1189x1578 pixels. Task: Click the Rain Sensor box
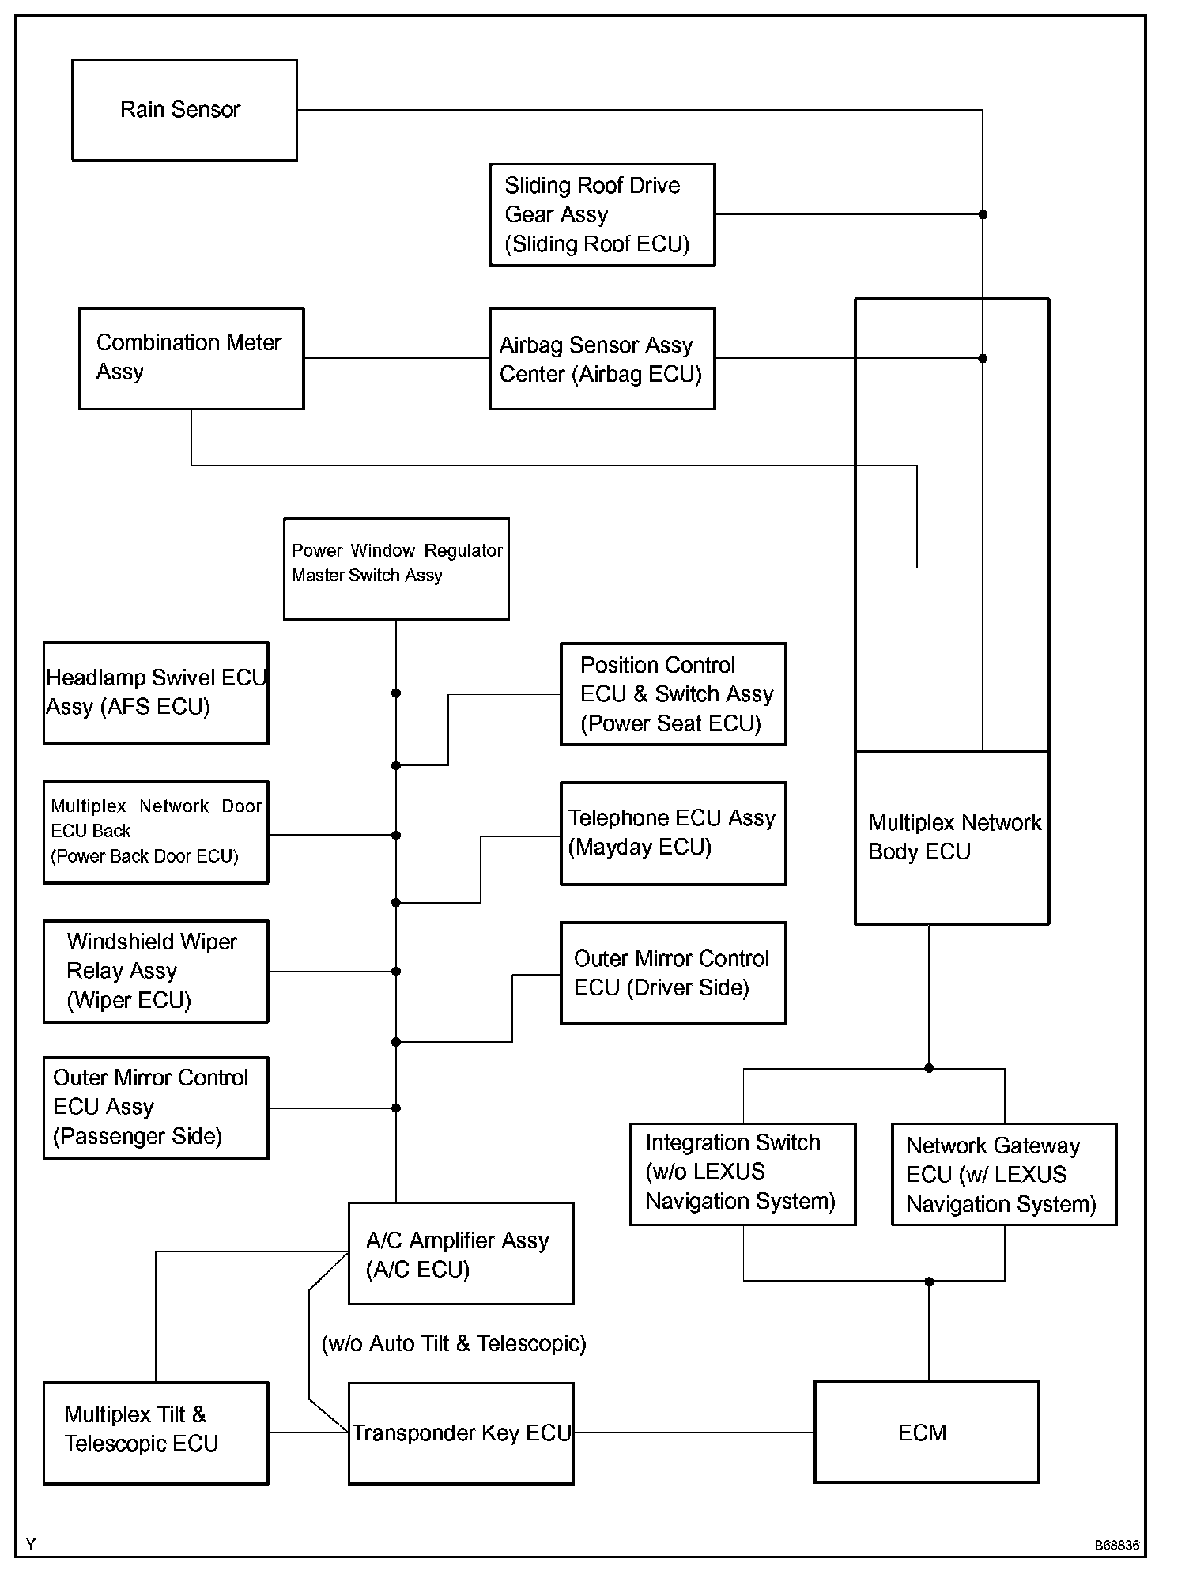[184, 110]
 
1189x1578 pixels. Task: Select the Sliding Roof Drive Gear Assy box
[602, 215]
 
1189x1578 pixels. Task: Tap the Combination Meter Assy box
[191, 358]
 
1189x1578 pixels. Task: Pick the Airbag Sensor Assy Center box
[602, 359]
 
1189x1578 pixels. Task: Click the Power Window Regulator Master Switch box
[396, 568]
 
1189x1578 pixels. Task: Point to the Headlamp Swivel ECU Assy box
[156, 693]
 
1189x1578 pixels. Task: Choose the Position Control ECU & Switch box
[673, 694]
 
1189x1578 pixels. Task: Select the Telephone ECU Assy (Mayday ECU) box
[673, 833]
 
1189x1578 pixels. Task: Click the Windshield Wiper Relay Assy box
[156, 971]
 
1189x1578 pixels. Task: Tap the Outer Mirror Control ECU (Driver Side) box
[673, 973]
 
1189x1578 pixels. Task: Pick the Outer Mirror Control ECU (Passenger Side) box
[156, 1108]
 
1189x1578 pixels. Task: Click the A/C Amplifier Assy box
[461, 1254]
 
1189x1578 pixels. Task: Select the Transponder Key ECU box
[461, 1433]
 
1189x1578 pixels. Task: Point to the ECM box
[927, 1433]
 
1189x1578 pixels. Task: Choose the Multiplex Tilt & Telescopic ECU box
[156, 1433]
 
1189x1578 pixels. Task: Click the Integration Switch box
[742, 1174]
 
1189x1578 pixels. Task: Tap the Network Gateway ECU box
[1004, 1175]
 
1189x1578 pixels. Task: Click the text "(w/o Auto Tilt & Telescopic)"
[454, 1344]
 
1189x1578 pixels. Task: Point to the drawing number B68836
[1116, 1546]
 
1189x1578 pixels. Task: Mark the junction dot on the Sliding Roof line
[983, 214]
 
